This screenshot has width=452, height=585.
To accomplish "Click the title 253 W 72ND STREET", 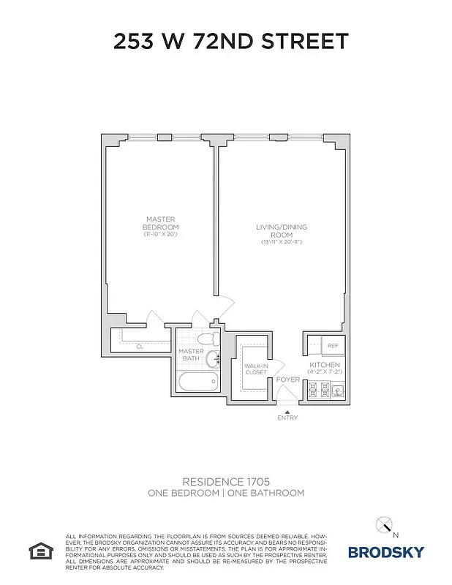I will (231, 42).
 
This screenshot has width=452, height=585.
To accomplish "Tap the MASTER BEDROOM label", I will (161, 222).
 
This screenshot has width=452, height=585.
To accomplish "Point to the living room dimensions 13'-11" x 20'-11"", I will (279, 241).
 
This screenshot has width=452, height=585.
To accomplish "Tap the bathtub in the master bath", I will (197, 382).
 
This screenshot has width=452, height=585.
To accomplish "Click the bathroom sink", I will (212, 359).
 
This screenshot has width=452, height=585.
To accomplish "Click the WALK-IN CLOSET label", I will (256, 369).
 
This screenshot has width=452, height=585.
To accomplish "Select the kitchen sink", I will (337, 391).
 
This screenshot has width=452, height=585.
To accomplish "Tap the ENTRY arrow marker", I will (287, 412).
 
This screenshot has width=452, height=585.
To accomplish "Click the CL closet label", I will (139, 347).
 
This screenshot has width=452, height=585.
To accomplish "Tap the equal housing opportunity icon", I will (37, 549).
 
